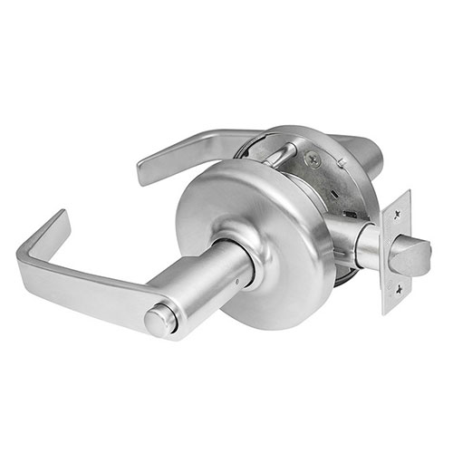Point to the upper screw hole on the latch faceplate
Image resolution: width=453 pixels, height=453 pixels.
(x=396, y=213)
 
